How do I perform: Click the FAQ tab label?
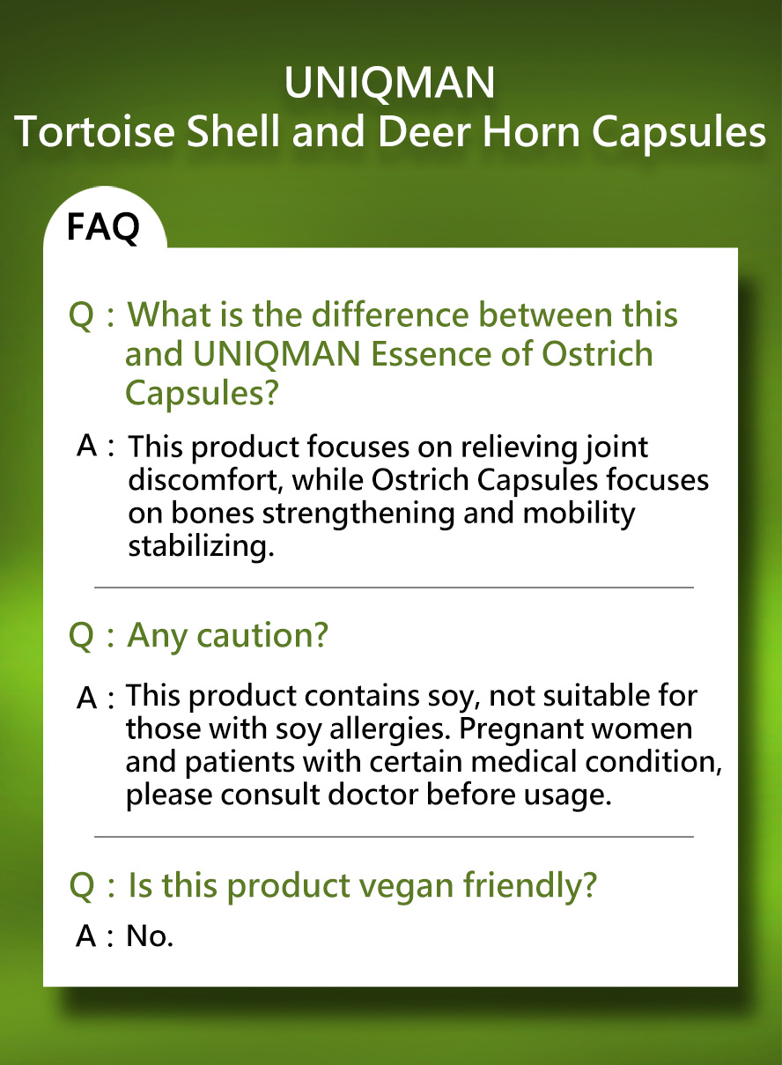(103, 228)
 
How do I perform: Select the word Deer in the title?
(424, 132)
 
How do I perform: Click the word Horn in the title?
(531, 132)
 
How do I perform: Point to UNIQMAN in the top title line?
(390, 83)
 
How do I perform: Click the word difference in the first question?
(390, 314)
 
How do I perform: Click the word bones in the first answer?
(212, 514)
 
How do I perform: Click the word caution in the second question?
(262, 635)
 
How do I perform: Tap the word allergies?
(390, 729)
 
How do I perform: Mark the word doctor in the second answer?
(373, 795)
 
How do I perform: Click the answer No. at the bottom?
(150, 936)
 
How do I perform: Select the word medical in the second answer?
(523, 761)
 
